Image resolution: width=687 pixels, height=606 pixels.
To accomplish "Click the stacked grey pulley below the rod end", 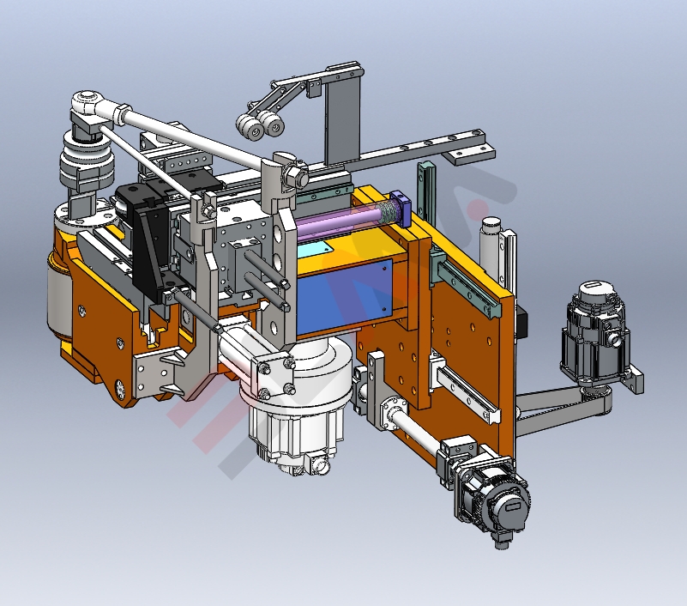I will [x=81, y=163].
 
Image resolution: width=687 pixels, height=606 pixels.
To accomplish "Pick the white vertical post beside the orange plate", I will [x=490, y=249].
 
